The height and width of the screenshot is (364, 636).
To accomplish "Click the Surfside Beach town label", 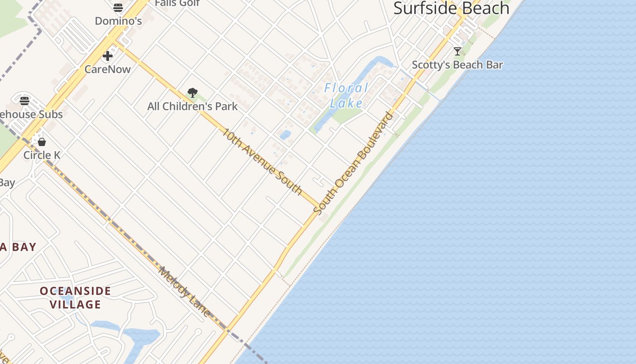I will (x=451, y=8).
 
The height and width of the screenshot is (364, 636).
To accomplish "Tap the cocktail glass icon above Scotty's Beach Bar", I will (x=457, y=51).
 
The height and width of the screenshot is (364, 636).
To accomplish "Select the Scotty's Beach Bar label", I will (x=457, y=65).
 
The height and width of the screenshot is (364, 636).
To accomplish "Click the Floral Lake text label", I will (x=346, y=95).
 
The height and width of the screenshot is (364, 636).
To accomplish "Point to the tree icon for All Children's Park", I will (x=193, y=93).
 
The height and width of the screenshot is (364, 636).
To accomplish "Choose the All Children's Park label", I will (x=192, y=106).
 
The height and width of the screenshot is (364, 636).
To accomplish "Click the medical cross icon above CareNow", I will (x=108, y=56).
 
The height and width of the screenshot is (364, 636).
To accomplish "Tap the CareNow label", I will (x=108, y=69).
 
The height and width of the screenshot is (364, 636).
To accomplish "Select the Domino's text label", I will (x=118, y=21).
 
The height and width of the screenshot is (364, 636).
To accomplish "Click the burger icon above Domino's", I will (x=118, y=7).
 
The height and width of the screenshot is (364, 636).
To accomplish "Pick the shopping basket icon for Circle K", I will (x=42, y=142).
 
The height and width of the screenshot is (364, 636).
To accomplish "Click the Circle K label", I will (x=42, y=155).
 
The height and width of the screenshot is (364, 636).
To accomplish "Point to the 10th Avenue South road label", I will (x=262, y=162).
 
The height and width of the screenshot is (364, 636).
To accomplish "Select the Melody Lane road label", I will (x=184, y=292).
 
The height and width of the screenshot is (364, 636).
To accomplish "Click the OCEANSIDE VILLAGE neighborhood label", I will (x=75, y=298).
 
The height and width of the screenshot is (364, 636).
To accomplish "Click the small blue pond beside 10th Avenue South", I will (x=285, y=135).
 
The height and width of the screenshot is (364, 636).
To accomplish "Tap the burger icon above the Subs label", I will (x=25, y=101).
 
